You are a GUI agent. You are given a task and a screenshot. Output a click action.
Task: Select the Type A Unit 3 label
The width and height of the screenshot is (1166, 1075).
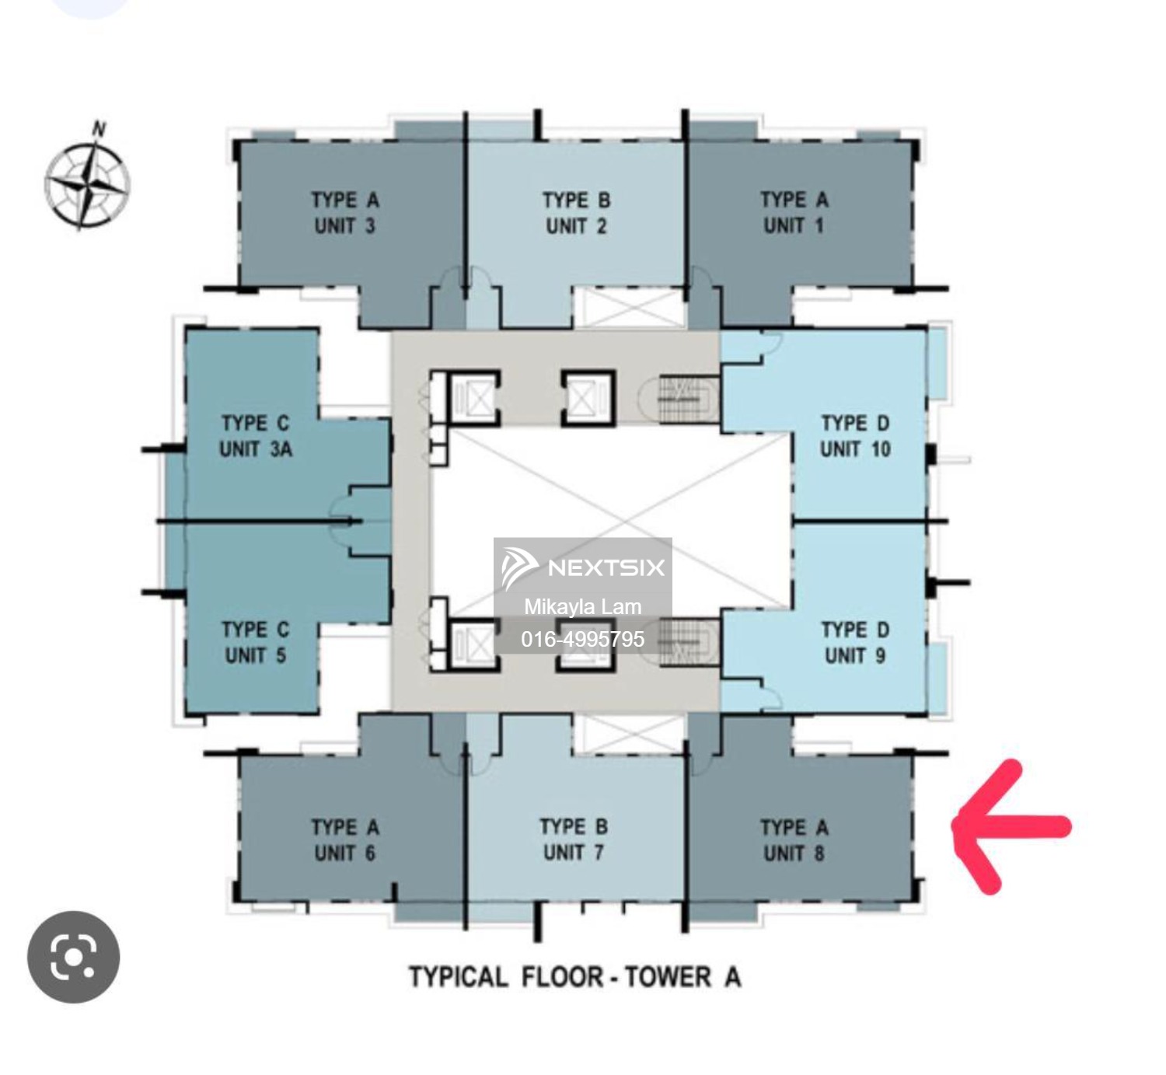tap(345, 212)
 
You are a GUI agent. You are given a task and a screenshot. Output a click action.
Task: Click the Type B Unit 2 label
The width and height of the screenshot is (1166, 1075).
tap(577, 212)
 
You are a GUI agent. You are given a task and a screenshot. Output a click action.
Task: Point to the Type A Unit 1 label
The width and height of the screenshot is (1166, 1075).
tap(794, 212)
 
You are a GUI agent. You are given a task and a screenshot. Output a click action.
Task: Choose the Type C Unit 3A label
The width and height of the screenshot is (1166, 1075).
tap(256, 436)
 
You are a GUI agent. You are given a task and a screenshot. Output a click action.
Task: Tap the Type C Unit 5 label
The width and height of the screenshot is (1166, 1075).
tap(256, 642)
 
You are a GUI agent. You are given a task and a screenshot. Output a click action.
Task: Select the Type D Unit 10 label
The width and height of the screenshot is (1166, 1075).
tap(855, 436)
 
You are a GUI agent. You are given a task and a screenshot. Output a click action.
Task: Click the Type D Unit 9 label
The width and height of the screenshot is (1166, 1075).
tap(855, 642)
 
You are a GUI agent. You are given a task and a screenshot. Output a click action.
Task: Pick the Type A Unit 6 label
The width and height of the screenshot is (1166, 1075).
tap(345, 840)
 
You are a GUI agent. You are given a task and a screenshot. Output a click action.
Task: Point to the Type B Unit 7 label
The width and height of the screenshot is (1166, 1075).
tap(574, 839)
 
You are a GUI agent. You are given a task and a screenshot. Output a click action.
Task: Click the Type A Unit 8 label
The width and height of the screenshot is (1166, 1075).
tap(794, 840)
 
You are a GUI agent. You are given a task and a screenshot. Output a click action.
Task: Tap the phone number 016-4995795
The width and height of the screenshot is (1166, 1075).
tap(582, 639)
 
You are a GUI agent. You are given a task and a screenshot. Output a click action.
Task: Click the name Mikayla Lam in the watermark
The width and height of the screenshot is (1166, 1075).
tap(582, 606)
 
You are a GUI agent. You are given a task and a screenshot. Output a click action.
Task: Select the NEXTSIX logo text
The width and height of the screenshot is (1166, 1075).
tap(606, 567)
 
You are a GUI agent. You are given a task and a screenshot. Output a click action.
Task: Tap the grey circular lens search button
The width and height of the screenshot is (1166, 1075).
tap(73, 956)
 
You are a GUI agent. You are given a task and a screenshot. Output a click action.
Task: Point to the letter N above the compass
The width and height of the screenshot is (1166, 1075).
tap(99, 128)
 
